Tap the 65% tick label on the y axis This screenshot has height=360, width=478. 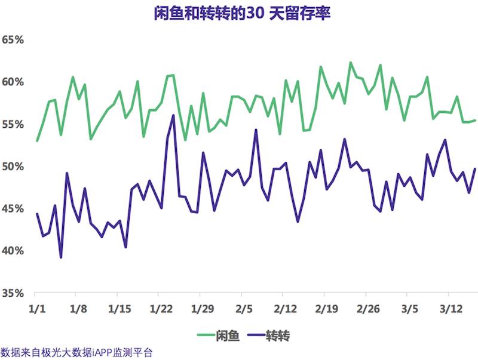click(13, 40)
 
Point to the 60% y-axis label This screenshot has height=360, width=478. click(13, 82)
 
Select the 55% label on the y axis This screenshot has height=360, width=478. click(13, 124)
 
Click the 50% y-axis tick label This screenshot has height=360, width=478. click(13, 167)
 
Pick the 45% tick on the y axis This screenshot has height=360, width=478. click(13, 209)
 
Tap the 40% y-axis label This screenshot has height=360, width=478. click(13, 251)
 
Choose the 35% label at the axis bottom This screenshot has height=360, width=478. click(13, 293)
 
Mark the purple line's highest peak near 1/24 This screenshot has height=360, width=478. click(173, 115)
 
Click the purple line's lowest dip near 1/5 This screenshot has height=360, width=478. click(61, 257)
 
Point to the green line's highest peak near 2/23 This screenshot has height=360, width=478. click(350, 62)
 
